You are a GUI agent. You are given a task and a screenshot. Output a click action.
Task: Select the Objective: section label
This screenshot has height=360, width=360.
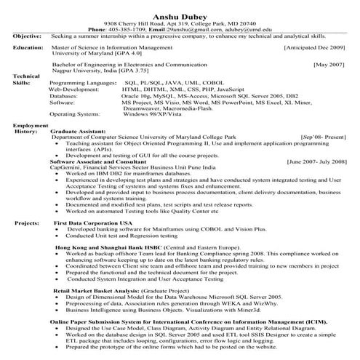pos(27,35)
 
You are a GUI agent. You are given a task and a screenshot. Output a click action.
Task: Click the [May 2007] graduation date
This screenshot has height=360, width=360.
pos(329,64)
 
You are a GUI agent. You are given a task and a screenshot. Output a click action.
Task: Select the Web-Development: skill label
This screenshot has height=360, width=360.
pos(75,89)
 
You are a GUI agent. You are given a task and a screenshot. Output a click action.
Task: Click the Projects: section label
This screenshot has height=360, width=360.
pos(27,222)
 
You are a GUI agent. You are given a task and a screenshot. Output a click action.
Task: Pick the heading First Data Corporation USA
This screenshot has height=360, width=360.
pos(93,222)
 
